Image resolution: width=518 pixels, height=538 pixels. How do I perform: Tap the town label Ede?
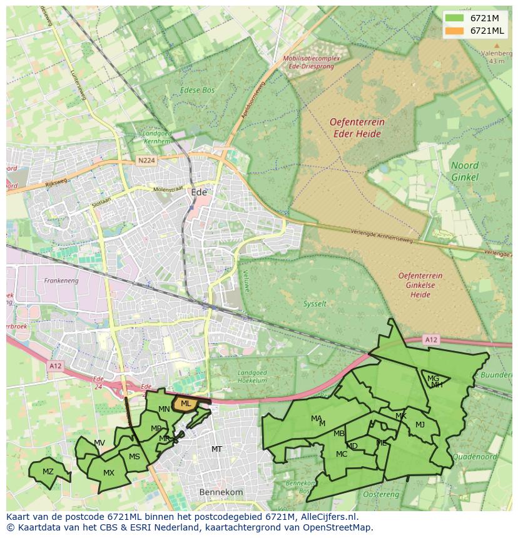[199, 192]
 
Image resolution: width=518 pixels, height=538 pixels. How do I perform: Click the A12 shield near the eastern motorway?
[430, 340]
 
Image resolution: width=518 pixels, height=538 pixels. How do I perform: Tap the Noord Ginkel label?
[465, 171]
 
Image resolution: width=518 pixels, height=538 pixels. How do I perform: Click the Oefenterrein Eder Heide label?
[357, 127]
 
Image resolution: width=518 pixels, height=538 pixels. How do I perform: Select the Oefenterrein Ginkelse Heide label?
[420, 285]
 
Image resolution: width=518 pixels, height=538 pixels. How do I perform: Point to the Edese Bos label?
[197, 90]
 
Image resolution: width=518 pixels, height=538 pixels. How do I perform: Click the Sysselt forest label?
[315, 304]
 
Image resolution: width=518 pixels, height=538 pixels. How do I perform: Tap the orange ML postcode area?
[185, 404]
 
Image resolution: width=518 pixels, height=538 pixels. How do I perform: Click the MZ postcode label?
[48, 471]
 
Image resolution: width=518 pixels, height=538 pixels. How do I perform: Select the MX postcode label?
[109, 473]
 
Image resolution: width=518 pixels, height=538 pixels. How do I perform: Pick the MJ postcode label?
[420, 425]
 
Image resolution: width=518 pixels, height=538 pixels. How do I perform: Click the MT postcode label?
[216, 449]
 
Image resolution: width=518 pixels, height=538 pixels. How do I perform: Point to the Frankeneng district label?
[60, 281]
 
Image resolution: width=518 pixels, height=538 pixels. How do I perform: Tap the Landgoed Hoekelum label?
[252, 377]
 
